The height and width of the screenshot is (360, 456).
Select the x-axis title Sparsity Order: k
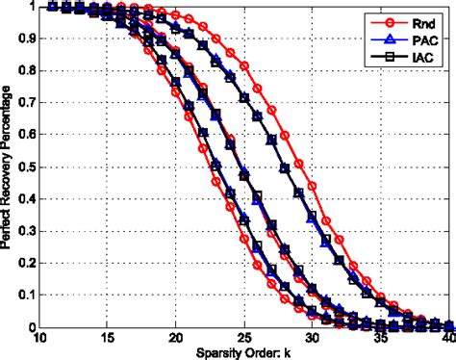tap(245, 353)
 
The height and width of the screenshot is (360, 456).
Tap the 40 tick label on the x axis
tap(446, 338)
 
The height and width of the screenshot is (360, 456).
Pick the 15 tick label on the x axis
tap(107, 338)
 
